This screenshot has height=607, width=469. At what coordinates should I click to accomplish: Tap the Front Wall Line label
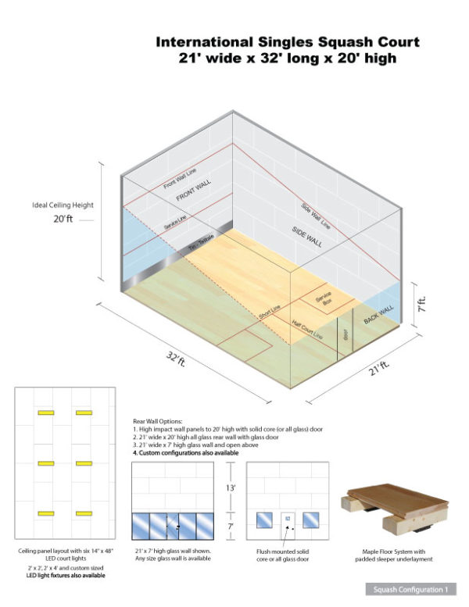click(x=181, y=182)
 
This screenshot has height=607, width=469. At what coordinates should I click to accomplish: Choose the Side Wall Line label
click(x=315, y=215)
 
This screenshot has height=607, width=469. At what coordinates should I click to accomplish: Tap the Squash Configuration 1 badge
click(x=407, y=588)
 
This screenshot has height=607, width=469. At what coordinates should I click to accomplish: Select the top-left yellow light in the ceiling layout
click(x=45, y=412)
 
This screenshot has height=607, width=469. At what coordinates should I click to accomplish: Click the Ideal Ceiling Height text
click(x=63, y=205)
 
